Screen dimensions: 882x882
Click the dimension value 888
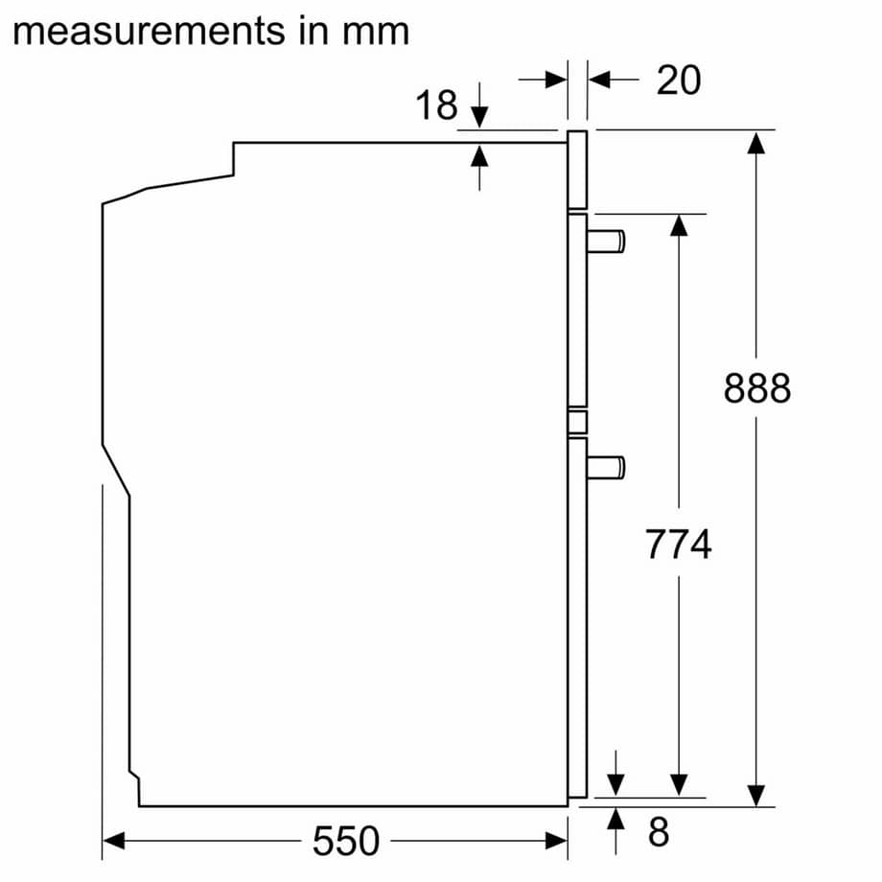(x=757, y=389)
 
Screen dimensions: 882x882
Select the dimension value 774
(x=678, y=545)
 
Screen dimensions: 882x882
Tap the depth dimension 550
(x=346, y=841)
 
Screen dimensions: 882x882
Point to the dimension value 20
(x=679, y=81)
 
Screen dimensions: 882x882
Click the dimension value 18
(x=436, y=105)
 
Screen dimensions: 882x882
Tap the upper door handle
(x=606, y=242)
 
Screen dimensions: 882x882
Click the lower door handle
(x=606, y=467)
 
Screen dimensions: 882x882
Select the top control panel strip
(x=576, y=170)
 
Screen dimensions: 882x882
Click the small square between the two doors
(x=576, y=423)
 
